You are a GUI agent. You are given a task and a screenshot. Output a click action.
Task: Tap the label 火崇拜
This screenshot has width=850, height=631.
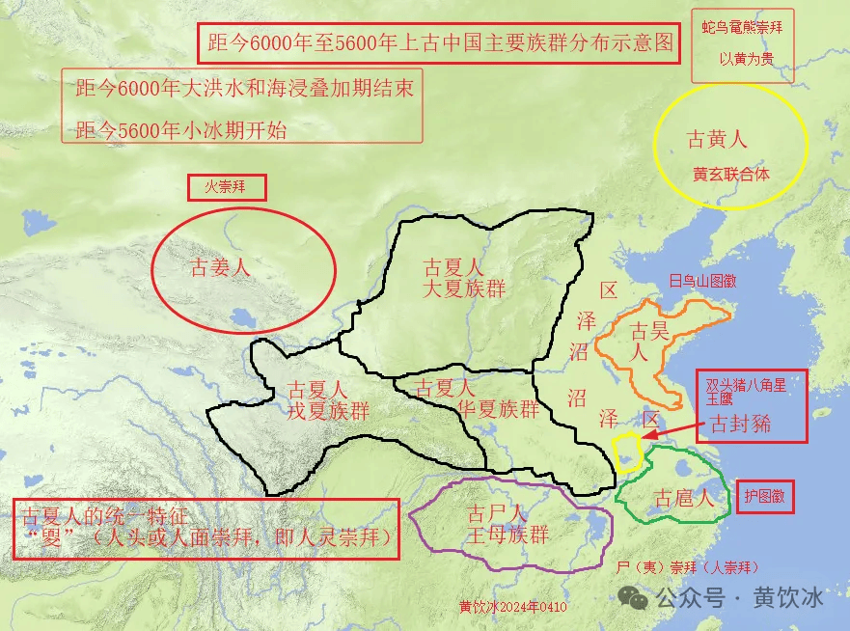225,187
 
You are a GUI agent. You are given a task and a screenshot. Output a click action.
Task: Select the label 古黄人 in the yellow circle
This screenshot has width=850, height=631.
716,140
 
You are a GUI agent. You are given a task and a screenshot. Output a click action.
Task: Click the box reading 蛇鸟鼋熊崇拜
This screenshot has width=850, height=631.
743,29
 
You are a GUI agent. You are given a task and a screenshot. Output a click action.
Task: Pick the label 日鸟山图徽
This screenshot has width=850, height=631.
702,282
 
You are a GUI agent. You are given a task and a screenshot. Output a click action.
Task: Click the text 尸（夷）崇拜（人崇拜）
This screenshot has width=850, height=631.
687,567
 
